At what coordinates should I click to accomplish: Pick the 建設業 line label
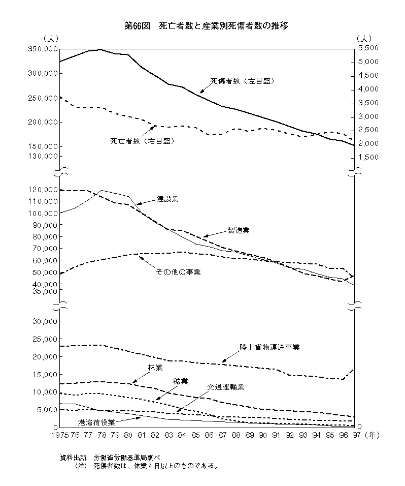(x=167, y=199)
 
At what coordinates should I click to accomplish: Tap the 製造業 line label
(x=238, y=230)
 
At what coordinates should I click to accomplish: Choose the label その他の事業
(x=179, y=272)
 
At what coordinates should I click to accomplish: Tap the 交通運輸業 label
(x=226, y=387)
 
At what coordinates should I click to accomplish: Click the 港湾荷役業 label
(x=96, y=422)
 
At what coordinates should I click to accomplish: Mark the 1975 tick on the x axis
(x=59, y=436)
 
